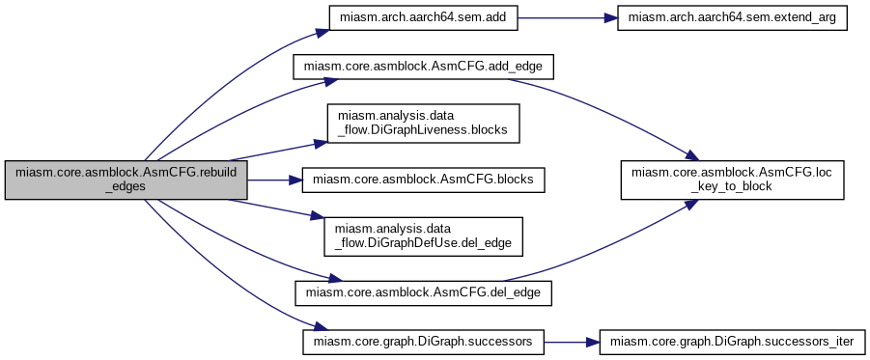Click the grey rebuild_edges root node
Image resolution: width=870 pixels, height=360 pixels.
126,180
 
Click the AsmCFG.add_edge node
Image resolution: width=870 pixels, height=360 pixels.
423,69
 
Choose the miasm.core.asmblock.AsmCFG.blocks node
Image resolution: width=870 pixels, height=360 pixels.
423,180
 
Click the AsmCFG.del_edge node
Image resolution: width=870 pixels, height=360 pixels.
423,291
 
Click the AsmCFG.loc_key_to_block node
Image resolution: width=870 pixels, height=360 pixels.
732,180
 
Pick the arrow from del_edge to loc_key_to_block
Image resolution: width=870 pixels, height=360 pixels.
618,250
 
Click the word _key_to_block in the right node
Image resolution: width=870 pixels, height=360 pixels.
732,188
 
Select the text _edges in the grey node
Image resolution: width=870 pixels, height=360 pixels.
126,188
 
